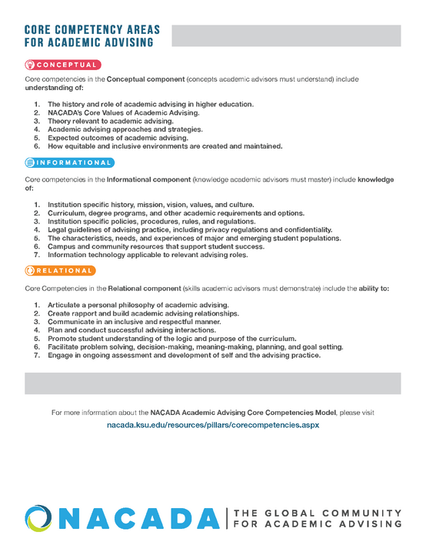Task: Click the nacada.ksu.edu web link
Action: point(212,425)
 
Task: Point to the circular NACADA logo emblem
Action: point(39,518)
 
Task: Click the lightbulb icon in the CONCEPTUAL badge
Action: point(31,65)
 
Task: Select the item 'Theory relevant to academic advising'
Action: point(111,121)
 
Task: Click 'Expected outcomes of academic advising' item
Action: point(118,138)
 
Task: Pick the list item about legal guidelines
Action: point(189,229)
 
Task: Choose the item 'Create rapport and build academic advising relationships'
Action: point(143,313)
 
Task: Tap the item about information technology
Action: point(148,255)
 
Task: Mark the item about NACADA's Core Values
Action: point(123,112)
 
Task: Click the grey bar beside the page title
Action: point(285,35)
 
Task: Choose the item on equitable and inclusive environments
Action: point(165,146)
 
